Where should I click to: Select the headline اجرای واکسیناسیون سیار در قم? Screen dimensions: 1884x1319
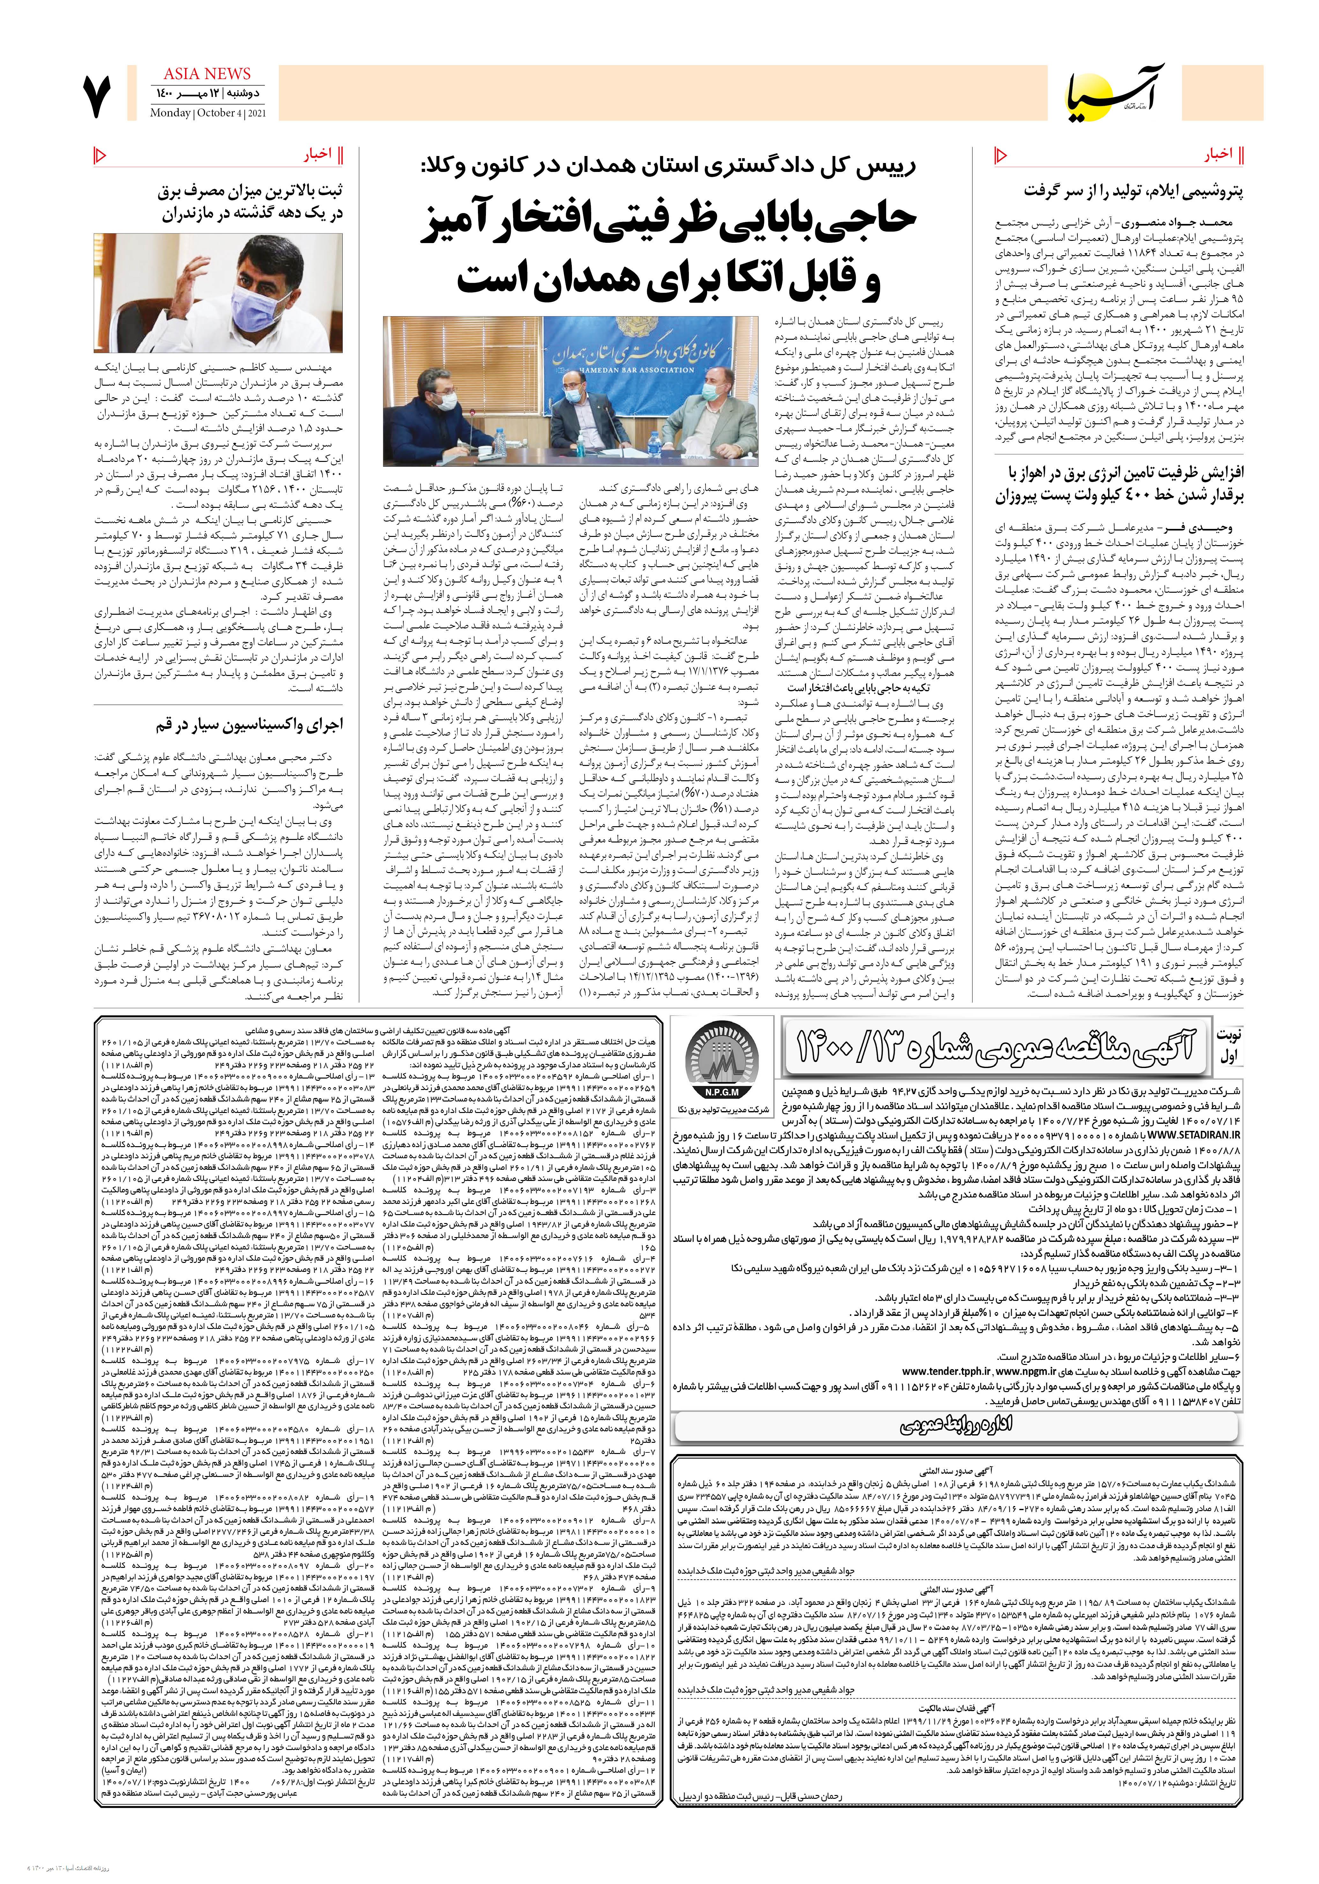249,725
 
